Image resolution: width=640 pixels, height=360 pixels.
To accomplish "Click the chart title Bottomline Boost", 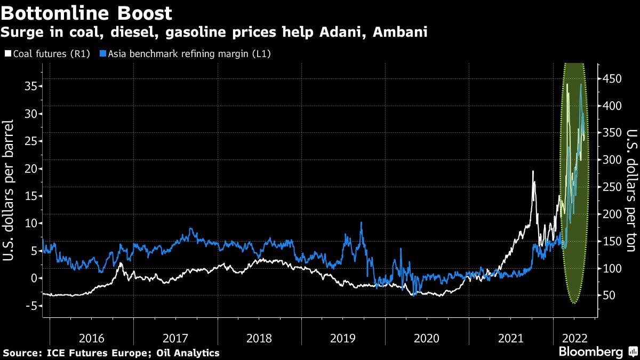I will point(86,13).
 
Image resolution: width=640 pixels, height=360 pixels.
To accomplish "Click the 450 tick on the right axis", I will point(611,79).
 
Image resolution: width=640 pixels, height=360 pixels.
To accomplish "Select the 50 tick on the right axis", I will point(609,295).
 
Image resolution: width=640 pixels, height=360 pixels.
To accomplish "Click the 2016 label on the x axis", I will point(92,338).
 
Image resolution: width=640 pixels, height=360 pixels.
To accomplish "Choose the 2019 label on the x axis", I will point(343,338).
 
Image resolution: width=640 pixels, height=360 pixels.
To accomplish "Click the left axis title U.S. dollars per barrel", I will point(9,190).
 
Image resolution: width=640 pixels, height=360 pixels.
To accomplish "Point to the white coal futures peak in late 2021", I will point(532,171).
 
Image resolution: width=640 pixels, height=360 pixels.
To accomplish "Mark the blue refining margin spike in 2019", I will point(362,223).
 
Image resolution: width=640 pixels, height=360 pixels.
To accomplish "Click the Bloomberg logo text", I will point(590,352).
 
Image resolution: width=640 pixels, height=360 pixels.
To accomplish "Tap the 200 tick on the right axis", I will point(611,214).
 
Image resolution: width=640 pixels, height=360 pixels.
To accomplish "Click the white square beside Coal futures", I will point(7,54).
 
